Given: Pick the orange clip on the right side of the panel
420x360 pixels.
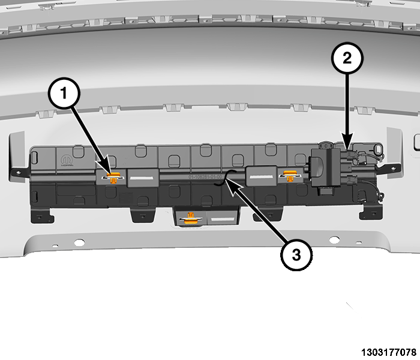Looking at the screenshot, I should pyautogui.click(x=290, y=176).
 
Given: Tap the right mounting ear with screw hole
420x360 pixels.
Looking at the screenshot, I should pyautogui.click(x=394, y=167).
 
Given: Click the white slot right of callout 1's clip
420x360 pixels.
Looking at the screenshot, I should pyautogui.click(x=141, y=178).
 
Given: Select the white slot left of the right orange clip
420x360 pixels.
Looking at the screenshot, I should pyautogui.click(x=261, y=178).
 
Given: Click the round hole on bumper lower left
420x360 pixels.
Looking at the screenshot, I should pyautogui.click(x=79, y=241).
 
